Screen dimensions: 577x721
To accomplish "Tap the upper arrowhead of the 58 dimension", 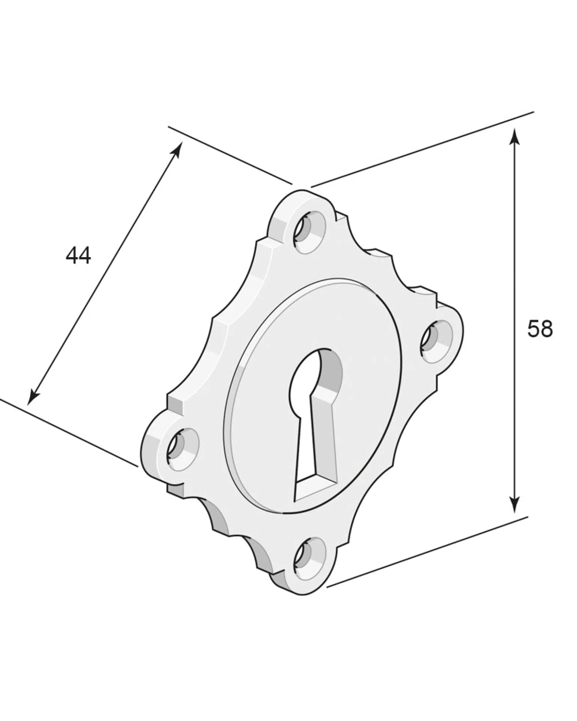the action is [x=515, y=137].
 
